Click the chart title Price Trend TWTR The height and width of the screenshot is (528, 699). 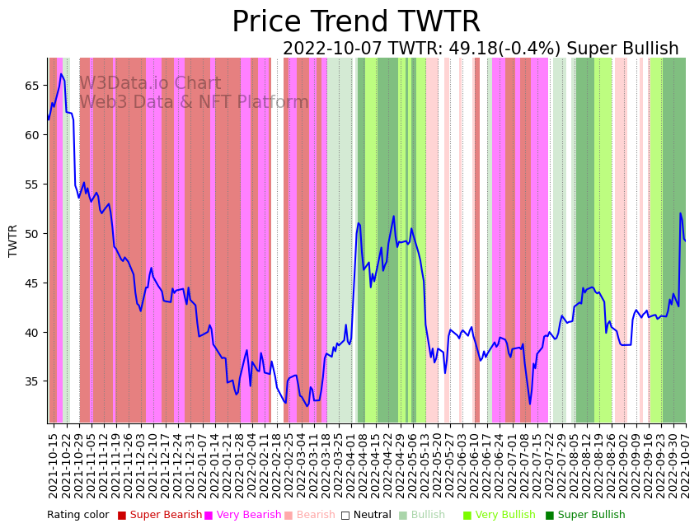click(355, 22)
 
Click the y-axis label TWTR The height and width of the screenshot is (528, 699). click(13, 241)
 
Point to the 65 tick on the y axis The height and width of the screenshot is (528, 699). click(31, 86)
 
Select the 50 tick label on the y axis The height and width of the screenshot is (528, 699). click(31, 234)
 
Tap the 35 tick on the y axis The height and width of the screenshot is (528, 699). click(31, 381)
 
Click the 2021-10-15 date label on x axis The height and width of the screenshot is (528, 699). click(54, 465)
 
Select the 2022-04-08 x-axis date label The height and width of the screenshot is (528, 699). click(362, 465)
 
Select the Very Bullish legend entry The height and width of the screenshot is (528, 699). click(504, 516)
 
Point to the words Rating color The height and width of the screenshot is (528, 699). click(77, 516)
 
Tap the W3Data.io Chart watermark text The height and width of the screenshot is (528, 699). click(150, 84)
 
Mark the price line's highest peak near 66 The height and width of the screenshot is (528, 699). click(61, 74)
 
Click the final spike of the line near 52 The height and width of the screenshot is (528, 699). click(680, 214)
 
